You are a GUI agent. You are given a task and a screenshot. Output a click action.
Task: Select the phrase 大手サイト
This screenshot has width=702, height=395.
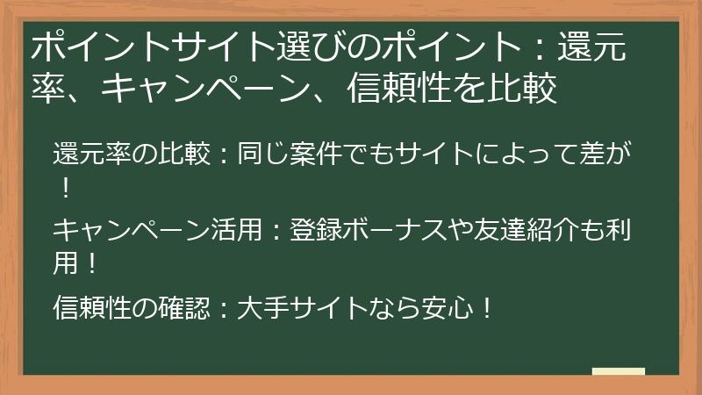tap(289, 308)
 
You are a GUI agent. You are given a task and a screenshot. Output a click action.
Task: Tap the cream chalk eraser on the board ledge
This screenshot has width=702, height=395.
tap(619, 371)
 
